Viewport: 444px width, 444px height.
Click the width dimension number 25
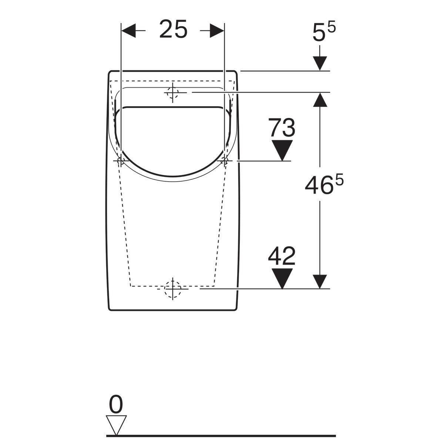173,29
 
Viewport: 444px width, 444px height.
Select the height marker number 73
282,127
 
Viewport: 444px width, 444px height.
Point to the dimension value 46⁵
324,184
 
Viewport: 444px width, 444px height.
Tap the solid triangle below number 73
282,150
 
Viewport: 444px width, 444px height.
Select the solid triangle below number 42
282,279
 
